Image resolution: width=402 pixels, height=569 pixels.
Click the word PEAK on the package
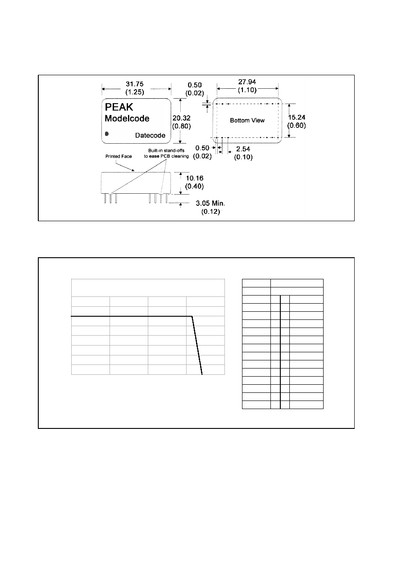[119, 107]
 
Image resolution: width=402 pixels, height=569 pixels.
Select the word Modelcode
[127, 118]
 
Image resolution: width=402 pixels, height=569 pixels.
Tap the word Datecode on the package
[150, 136]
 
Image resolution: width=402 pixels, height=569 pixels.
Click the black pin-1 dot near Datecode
[107, 134]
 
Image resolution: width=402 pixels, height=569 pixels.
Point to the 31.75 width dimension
[135, 84]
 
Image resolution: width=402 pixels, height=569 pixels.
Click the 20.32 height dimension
[182, 118]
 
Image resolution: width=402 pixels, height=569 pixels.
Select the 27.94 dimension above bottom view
[247, 82]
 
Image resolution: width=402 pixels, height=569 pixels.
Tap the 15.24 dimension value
[297, 117]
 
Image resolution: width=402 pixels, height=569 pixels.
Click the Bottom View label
[247, 120]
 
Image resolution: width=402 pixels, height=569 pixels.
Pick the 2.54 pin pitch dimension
[243, 149]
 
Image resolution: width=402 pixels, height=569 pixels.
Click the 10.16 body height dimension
[195, 178]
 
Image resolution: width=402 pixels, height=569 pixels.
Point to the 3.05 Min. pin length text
[210, 203]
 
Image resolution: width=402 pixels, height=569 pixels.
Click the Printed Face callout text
[119, 156]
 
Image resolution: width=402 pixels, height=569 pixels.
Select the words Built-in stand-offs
[166, 150]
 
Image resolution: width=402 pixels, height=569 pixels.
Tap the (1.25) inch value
[135, 92]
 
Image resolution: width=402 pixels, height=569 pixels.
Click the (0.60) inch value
[297, 126]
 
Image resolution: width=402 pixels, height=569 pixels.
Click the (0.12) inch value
[210, 212]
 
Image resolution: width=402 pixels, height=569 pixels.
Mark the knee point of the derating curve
[192, 316]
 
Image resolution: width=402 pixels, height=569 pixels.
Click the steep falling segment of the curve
[197, 346]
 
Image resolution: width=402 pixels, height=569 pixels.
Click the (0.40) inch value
[194, 187]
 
